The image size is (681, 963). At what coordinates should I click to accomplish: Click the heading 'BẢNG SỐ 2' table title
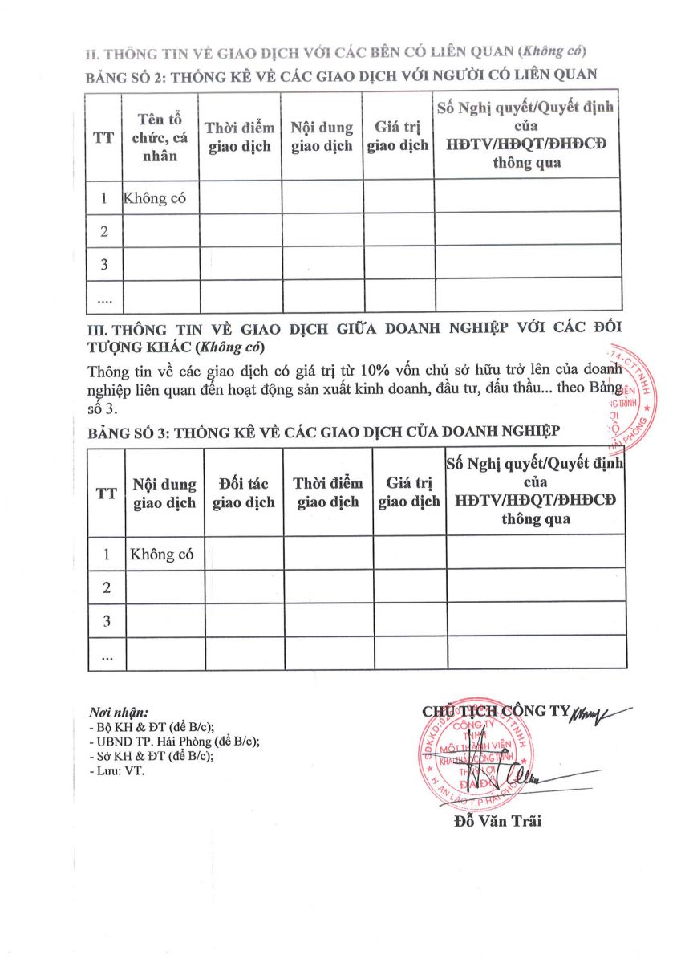click(x=341, y=76)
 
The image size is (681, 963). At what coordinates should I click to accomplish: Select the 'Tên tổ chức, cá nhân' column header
click(x=160, y=138)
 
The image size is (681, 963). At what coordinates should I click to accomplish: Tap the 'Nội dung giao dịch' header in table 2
click(x=322, y=137)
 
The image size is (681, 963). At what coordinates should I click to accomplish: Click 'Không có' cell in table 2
click(x=155, y=198)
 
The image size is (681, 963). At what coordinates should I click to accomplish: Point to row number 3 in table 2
click(x=103, y=263)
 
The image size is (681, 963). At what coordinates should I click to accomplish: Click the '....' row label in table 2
click(x=103, y=298)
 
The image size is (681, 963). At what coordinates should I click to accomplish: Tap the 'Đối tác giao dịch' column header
click(x=244, y=493)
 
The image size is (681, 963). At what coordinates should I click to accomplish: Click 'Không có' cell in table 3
click(x=162, y=554)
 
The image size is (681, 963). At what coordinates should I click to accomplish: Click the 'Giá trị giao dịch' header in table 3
click(x=409, y=493)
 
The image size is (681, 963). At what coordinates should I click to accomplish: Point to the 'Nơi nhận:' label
click(x=120, y=712)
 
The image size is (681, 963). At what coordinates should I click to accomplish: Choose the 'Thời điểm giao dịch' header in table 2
click(x=240, y=137)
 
